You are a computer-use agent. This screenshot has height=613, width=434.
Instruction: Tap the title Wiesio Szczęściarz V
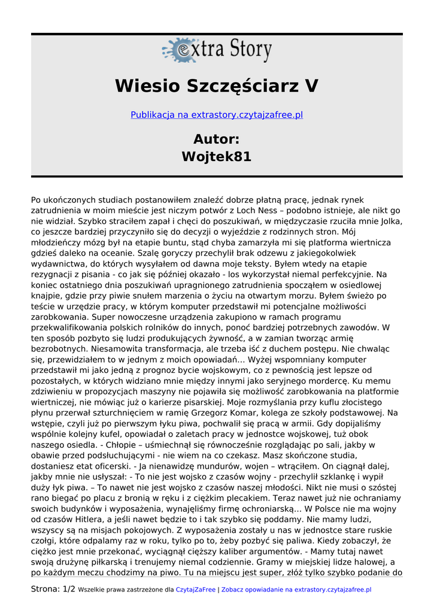click(217, 86)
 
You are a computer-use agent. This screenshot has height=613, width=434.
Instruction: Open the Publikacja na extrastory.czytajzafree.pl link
click(217, 114)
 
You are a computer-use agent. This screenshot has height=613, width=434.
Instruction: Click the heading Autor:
click(217, 139)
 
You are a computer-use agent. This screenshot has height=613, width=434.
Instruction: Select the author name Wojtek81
click(217, 157)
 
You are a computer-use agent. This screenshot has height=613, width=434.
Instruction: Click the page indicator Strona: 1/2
click(53, 590)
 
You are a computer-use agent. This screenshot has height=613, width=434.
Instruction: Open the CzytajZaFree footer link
click(195, 590)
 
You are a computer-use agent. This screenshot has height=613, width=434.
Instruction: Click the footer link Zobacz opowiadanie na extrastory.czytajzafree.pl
click(296, 590)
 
